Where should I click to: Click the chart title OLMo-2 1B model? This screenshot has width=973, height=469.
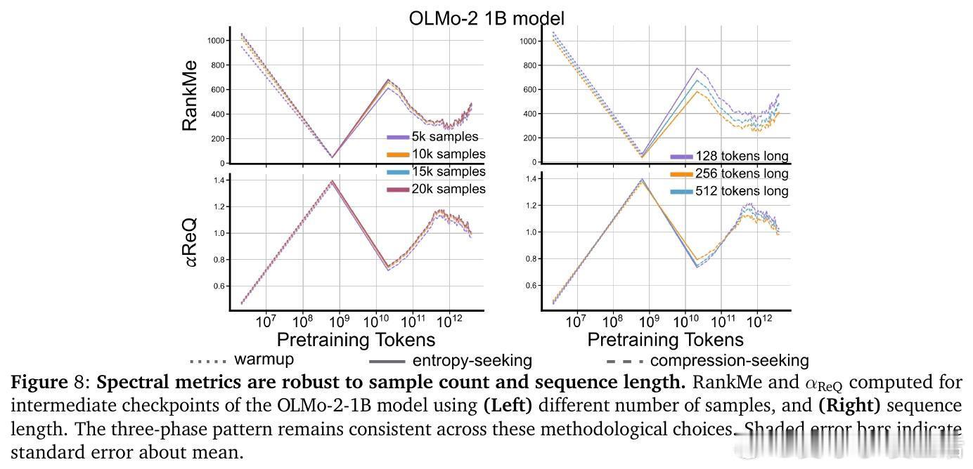(x=486, y=18)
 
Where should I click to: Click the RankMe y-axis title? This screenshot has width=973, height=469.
(x=190, y=95)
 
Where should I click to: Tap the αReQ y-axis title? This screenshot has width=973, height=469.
(x=190, y=242)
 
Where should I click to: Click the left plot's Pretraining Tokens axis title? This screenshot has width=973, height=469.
(x=356, y=340)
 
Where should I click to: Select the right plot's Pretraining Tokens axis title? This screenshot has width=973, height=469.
(x=665, y=340)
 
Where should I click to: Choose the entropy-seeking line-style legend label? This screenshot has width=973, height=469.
(x=472, y=361)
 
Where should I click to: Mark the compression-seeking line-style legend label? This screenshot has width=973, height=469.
(x=729, y=361)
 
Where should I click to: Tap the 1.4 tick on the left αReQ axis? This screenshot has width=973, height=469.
(x=218, y=180)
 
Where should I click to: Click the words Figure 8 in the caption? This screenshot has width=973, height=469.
(x=48, y=383)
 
